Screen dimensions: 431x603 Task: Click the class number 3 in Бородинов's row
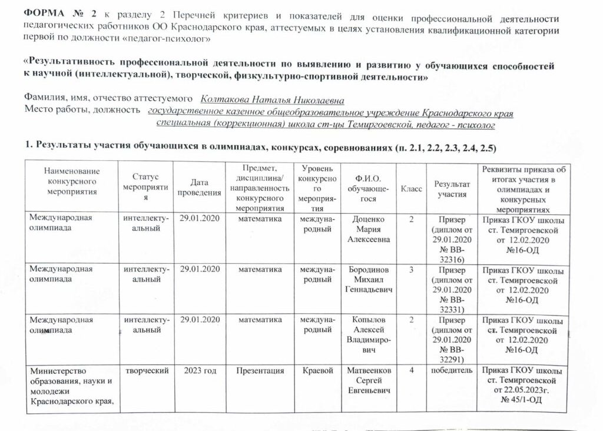(412, 270)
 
